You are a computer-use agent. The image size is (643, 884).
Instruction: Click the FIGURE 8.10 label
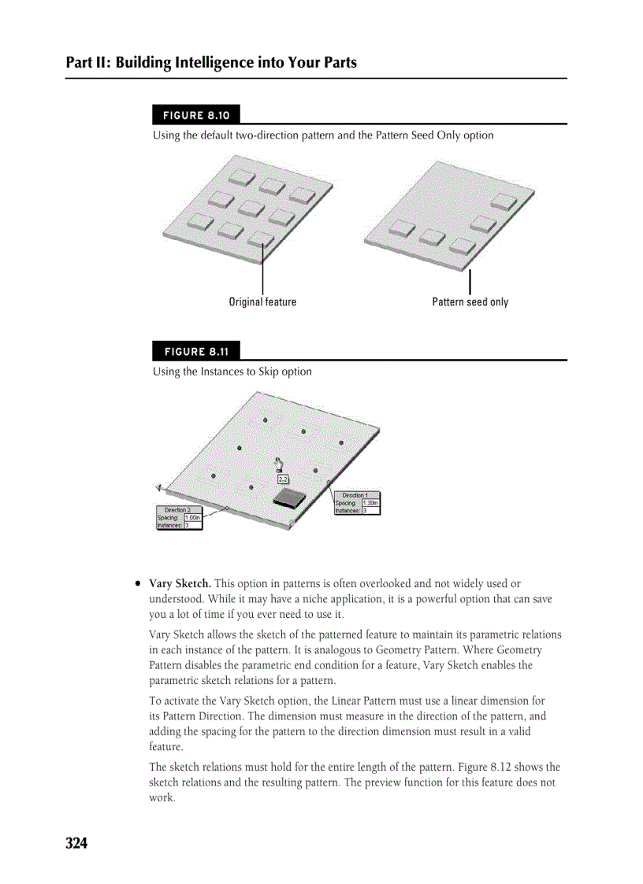(x=196, y=115)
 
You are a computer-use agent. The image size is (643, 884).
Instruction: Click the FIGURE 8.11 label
(x=196, y=351)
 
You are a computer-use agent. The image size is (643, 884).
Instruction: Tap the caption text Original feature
(x=262, y=302)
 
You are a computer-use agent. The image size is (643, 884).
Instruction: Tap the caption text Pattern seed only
(x=470, y=302)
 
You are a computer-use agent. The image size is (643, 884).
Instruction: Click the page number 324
(x=76, y=844)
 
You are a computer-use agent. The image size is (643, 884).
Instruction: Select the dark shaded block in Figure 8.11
(x=289, y=497)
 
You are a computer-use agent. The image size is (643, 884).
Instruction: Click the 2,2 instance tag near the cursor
(x=283, y=479)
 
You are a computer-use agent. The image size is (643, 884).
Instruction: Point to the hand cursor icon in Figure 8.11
(x=277, y=464)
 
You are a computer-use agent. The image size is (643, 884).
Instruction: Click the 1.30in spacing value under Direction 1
(x=370, y=503)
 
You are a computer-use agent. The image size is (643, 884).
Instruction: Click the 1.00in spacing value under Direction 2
(x=192, y=517)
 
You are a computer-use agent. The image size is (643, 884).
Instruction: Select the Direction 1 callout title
(x=356, y=495)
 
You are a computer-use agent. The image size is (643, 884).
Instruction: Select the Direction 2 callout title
(x=178, y=510)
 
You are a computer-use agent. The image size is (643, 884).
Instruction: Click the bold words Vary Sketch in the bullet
(x=180, y=584)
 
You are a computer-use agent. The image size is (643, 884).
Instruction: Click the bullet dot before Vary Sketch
(x=138, y=584)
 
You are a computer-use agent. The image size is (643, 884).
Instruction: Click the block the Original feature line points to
(x=261, y=239)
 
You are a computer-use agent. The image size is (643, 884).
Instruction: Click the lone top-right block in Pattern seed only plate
(x=504, y=200)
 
